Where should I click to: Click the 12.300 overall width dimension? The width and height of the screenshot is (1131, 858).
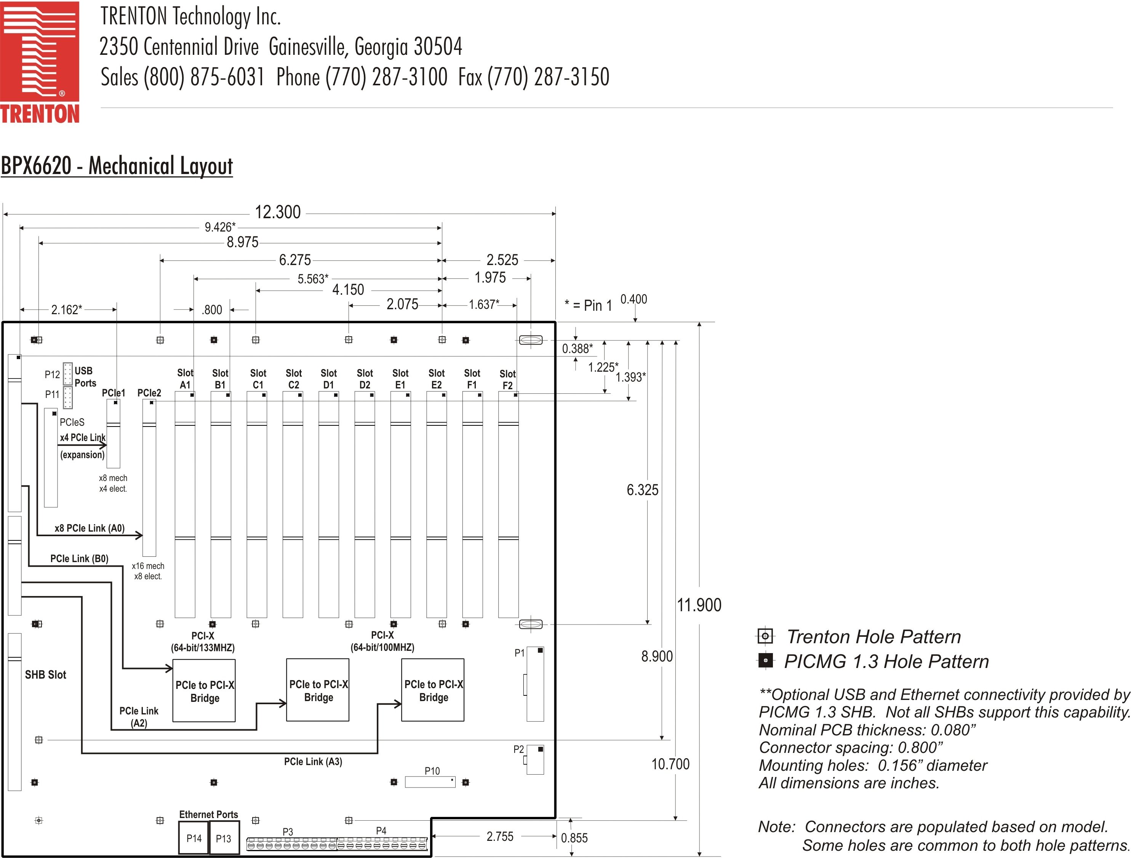click(x=278, y=212)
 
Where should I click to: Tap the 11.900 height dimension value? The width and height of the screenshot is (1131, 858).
click(x=699, y=605)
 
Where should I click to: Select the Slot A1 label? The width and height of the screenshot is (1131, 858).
click(x=185, y=379)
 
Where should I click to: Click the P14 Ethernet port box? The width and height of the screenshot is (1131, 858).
click(x=194, y=838)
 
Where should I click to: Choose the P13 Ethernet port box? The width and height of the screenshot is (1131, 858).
click(x=224, y=838)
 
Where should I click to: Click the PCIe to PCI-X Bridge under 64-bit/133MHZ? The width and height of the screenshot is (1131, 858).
click(x=204, y=691)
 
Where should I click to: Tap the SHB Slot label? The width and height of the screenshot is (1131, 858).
click(x=45, y=674)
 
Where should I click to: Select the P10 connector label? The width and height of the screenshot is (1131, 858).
click(x=432, y=771)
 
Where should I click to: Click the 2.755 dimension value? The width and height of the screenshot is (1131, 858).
click(x=499, y=836)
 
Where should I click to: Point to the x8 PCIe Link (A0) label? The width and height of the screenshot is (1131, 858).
click(x=90, y=528)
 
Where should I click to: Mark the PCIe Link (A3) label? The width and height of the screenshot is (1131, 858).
click(x=313, y=761)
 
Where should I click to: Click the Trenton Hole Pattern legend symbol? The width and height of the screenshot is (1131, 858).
click(x=765, y=636)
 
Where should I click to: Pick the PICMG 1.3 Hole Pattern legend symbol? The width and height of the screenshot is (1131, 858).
click(x=765, y=660)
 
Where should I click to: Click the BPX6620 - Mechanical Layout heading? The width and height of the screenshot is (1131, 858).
click(x=117, y=166)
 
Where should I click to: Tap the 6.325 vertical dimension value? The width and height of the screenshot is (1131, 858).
click(x=642, y=490)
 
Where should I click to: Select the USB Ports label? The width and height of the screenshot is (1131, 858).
click(x=85, y=377)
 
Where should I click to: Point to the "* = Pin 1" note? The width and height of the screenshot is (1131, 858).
click(x=588, y=305)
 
